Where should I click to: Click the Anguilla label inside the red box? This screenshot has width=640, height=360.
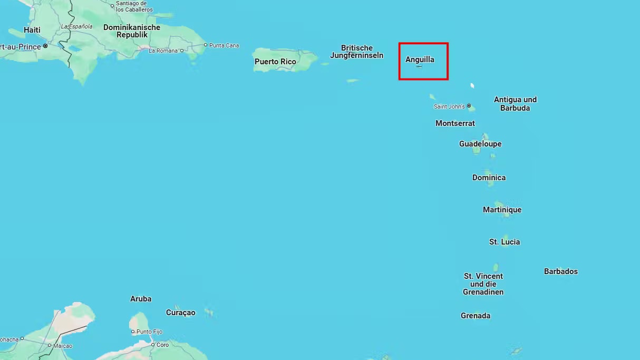pos(420,60)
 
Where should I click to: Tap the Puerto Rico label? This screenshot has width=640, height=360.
pos(275,62)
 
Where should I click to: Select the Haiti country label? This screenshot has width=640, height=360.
pos(32,30)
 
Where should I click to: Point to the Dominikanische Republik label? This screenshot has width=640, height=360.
pos(132,31)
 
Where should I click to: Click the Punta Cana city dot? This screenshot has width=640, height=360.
pos(206,45)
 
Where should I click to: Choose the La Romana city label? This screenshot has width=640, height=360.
pos(163,51)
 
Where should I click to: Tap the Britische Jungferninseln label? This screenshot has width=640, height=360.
pos(357,52)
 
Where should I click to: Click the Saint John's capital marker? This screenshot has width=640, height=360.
pos(469,106)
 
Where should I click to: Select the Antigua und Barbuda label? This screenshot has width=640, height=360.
pos(515,104)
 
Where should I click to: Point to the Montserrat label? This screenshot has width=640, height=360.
pos(455,123)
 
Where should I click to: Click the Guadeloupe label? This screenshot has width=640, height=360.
pos(480,144)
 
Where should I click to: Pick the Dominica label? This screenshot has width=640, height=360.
pos(489,178)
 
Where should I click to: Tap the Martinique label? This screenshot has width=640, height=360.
pos(502,210)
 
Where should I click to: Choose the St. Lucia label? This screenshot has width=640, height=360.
pos(505,242)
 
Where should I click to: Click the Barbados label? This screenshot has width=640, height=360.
pos(560,271)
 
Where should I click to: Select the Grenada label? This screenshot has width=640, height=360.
pos(476,316)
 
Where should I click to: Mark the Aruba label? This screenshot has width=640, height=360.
pos(141,299)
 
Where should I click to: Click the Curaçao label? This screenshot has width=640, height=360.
pos(180,313)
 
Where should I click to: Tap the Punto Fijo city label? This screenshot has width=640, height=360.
pos(149,332)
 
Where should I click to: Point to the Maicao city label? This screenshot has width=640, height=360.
pos(63,346)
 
